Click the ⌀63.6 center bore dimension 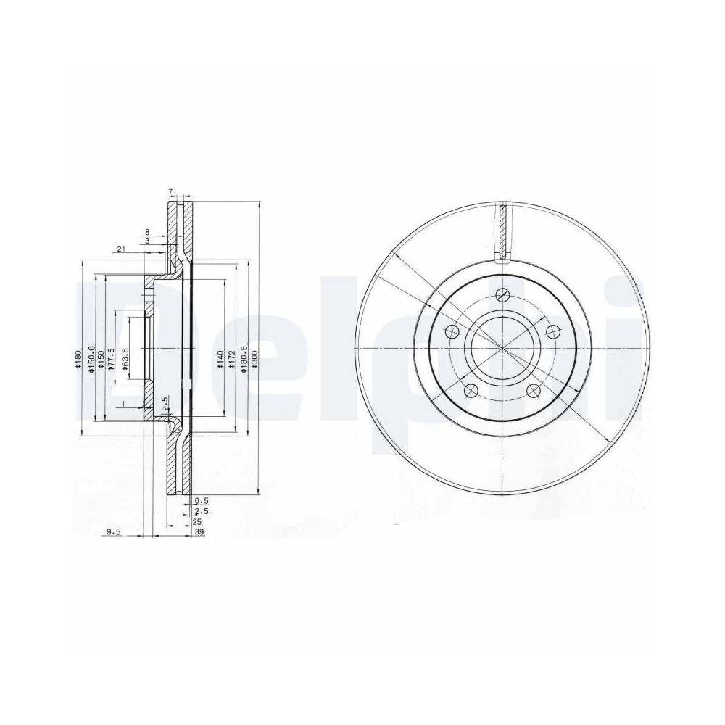pos(125,360)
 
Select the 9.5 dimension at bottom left pos(113,532)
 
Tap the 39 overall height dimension pos(199,532)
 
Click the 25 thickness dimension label pos(196,522)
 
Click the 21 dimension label pos(120,249)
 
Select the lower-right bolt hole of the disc pos(535,391)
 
